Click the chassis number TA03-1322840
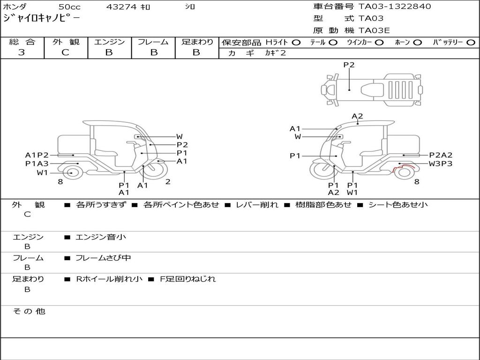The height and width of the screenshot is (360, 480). (x=395, y=7)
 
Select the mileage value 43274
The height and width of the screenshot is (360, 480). (x=121, y=7)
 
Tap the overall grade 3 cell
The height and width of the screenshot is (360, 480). (x=22, y=52)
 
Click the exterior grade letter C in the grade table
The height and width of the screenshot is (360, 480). (x=65, y=52)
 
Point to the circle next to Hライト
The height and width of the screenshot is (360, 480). (x=296, y=43)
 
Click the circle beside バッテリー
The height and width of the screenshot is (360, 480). (x=471, y=43)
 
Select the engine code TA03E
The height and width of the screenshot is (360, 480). (x=374, y=30)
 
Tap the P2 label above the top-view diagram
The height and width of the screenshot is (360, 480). (x=349, y=65)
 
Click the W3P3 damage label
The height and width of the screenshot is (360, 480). (x=440, y=164)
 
